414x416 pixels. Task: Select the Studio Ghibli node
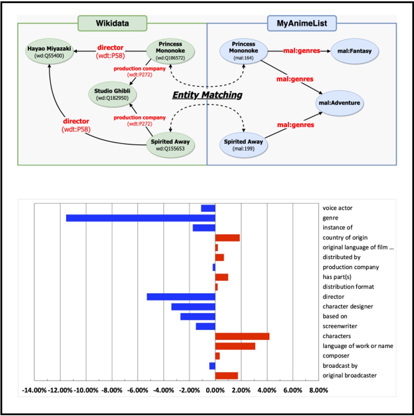112,94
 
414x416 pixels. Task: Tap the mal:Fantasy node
354,51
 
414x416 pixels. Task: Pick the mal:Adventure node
339,103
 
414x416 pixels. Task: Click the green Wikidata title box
112,23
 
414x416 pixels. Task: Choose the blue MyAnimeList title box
302,23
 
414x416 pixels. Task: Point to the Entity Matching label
207,95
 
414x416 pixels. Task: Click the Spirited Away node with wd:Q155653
170,145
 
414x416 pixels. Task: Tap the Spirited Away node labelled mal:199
243,145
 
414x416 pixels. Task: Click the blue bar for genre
141,218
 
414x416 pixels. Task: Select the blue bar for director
181,297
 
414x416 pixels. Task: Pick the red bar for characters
242,336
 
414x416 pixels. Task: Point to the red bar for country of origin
227,238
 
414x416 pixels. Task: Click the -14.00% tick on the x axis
34,390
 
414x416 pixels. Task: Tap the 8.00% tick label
319,390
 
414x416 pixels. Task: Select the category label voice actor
337,208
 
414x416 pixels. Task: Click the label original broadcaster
349,376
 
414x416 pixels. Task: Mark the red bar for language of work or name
235,346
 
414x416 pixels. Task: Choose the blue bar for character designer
194,307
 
